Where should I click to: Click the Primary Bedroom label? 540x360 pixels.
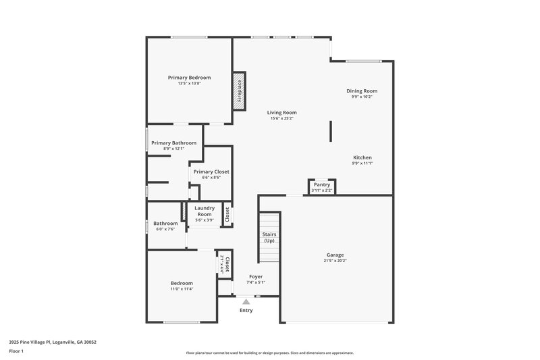tap(189, 78)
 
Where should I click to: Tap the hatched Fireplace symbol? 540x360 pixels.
tap(238, 90)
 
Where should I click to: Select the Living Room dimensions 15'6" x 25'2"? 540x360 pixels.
tap(281, 118)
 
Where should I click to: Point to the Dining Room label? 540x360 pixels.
tap(362, 91)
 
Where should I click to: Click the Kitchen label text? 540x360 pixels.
tap(362, 157)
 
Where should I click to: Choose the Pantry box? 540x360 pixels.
tap(322, 186)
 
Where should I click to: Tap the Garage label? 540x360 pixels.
tap(335, 255)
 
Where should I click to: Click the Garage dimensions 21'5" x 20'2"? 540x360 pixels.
tap(335, 261)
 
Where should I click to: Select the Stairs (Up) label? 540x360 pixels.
tap(269, 237)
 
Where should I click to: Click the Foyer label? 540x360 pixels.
tap(256, 276)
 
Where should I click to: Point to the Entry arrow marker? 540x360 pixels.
tap(246, 302)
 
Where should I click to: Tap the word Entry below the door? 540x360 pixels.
tap(246, 310)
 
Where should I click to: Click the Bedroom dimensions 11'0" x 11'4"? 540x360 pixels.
tap(182, 289)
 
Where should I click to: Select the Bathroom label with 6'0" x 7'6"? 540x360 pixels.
tap(165, 224)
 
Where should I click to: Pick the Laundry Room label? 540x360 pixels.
tap(205, 211)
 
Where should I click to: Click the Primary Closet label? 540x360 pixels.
tap(211, 172)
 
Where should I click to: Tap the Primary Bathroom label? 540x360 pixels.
tap(173, 143)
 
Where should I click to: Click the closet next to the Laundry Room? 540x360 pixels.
tap(227, 215)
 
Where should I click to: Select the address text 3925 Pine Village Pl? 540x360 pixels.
tap(53, 342)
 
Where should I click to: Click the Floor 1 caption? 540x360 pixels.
tap(16, 352)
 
